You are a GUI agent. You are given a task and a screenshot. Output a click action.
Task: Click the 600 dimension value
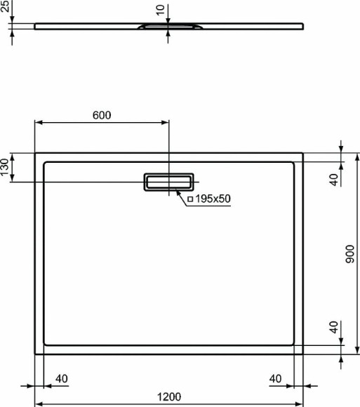click(101, 116)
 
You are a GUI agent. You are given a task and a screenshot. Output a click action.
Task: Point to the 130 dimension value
click(6, 168)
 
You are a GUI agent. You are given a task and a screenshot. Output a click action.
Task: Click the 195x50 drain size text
click(213, 199)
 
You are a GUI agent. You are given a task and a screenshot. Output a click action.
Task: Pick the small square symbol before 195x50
click(191, 199)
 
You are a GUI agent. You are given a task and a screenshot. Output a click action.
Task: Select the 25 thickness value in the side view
click(6, 8)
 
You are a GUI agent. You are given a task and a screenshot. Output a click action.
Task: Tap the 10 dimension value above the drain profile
click(161, 10)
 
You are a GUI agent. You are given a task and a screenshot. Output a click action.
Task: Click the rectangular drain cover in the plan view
click(168, 181)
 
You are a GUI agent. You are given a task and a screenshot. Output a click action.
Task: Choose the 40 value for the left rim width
click(61, 380)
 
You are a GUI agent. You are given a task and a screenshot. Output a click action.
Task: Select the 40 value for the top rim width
click(335, 179)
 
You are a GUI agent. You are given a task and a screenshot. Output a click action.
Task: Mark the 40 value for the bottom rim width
click(335, 327)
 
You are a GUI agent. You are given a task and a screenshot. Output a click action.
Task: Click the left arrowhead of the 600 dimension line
click(39, 123)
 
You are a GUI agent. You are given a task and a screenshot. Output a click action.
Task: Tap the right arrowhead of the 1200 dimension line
click(300, 404)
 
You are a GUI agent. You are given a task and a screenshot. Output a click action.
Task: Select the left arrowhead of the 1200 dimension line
click(39, 404)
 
